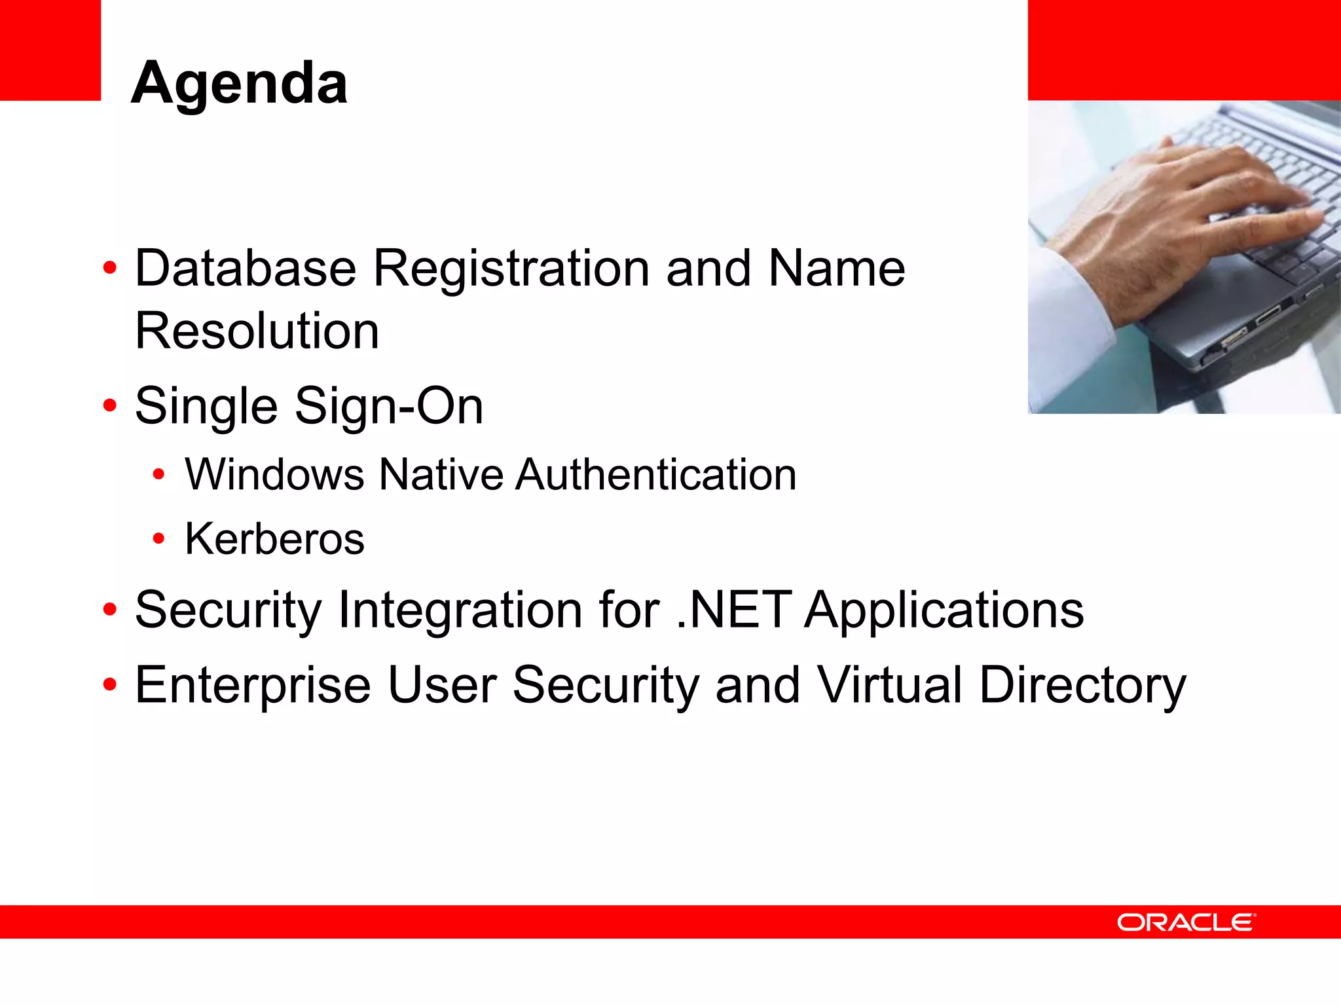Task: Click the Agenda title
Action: click(x=240, y=84)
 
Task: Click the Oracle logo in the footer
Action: click(x=1186, y=922)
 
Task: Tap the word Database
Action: click(x=246, y=269)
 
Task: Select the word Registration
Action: click(x=511, y=269)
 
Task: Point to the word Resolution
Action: click(x=257, y=331)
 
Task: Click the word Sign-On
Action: click(x=389, y=406)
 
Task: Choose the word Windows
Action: click(x=274, y=474)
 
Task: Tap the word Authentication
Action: click(x=656, y=474)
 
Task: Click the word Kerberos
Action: click(x=274, y=539)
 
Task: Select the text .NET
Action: click(x=733, y=610)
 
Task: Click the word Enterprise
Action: click(x=253, y=685)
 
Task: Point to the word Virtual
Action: click(x=889, y=685)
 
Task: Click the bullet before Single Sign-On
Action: click(x=110, y=406)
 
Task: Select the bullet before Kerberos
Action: click(x=158, y=539)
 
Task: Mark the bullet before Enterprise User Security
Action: click(x=110, y=685)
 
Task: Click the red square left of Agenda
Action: click(x=50, y=50)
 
